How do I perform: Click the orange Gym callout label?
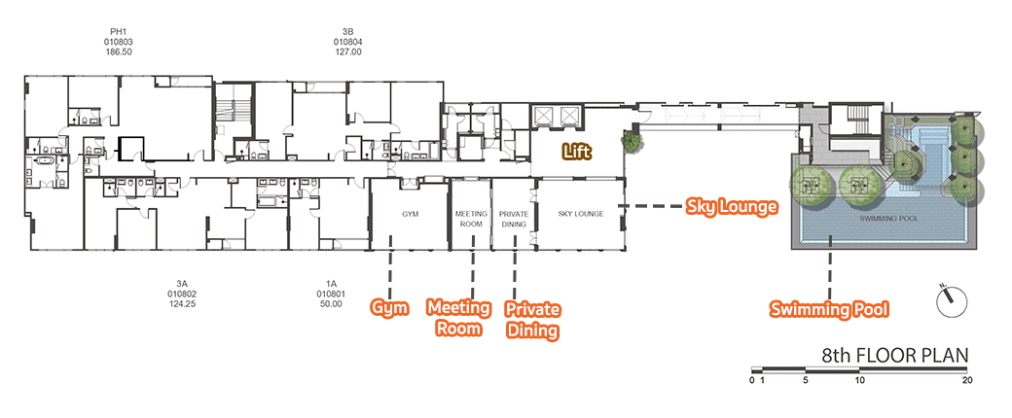tap(389, 308)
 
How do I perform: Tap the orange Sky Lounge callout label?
tap(731, 207)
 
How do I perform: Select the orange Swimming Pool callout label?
tap(829, 309)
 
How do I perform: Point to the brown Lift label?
tap(576, 153)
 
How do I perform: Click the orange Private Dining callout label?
tap(532, 319)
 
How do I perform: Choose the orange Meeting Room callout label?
tap(459, 317)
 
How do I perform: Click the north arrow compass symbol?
tap(952, 300)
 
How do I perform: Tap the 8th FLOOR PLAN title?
tap(895, 356)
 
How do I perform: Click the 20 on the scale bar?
tap(967, 380)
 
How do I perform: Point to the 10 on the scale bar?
tap(859, 380)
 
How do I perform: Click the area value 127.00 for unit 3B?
tap(347, 52)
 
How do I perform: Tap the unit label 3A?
tap(181, 283)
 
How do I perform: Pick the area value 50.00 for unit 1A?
tap(331, 304)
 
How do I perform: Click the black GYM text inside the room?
tap(411, 214)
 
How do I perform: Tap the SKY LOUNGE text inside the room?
tap(581, 214)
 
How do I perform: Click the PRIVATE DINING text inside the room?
tap(514, 219)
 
